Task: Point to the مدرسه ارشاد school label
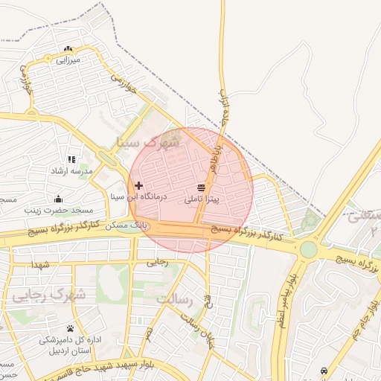pyautogui.click(x=70, y=171)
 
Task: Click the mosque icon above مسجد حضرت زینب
pyautogui.click(x=58, y=199)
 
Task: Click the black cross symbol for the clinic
pyautogui.click(x=138, y=185)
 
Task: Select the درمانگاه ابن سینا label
pyautogui.click(x=139, y=197)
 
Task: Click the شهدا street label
pyautogui.click(x=39, y=265)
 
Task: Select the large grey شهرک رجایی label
pyautogui.click(x=48, y=295)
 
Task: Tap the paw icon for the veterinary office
pyautogui.click(x=70, y=328)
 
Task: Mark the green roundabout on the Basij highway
pyautogui.click(x=307, y=249)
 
